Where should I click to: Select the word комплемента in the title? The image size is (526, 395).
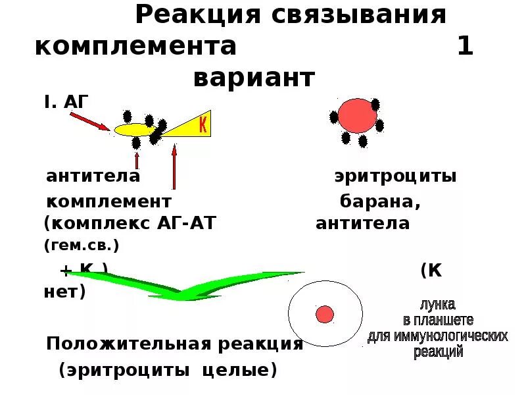(x=135, y=47)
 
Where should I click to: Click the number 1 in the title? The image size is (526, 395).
(x=465, y=47)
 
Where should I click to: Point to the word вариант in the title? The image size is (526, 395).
(x=254, y=78)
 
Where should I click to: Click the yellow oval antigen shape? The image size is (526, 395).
(x=135, y=130)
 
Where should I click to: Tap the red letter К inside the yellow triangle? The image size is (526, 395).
(x=203, y=124)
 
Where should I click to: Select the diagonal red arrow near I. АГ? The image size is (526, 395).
(x=89, y=120)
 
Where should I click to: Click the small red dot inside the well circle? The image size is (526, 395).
(x=325, y=314)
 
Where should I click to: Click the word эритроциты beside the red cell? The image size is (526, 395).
(x=394, y=176)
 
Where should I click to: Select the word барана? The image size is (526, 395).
(x=380, y=201)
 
